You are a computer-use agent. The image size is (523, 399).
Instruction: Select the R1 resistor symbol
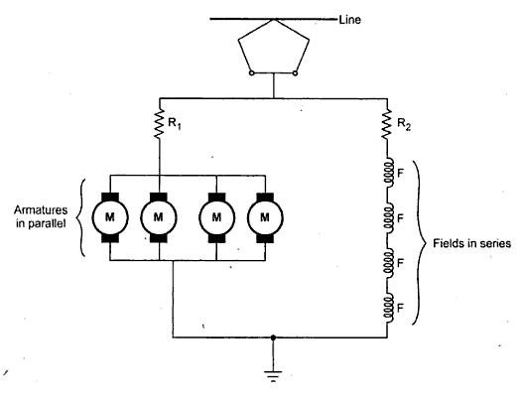(x=158, y=124)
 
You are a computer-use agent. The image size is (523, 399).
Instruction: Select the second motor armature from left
(x=158, y=213)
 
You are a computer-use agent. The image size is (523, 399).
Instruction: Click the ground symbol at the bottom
(x=274, y=377)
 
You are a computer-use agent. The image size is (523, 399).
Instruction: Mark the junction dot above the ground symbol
(x=274, y=337)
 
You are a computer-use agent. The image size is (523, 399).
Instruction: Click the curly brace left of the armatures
(x=87, y=213)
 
